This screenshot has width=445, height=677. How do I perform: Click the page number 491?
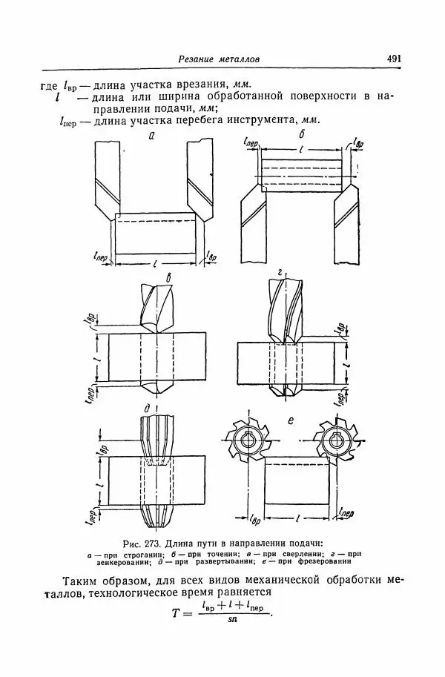pyautogui.click(x=393, y=59)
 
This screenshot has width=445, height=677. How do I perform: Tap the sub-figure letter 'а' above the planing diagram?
pyautogui.click(x=152, y=136)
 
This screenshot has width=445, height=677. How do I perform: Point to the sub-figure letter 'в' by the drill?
pyautogui.click(x=170, y=278)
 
